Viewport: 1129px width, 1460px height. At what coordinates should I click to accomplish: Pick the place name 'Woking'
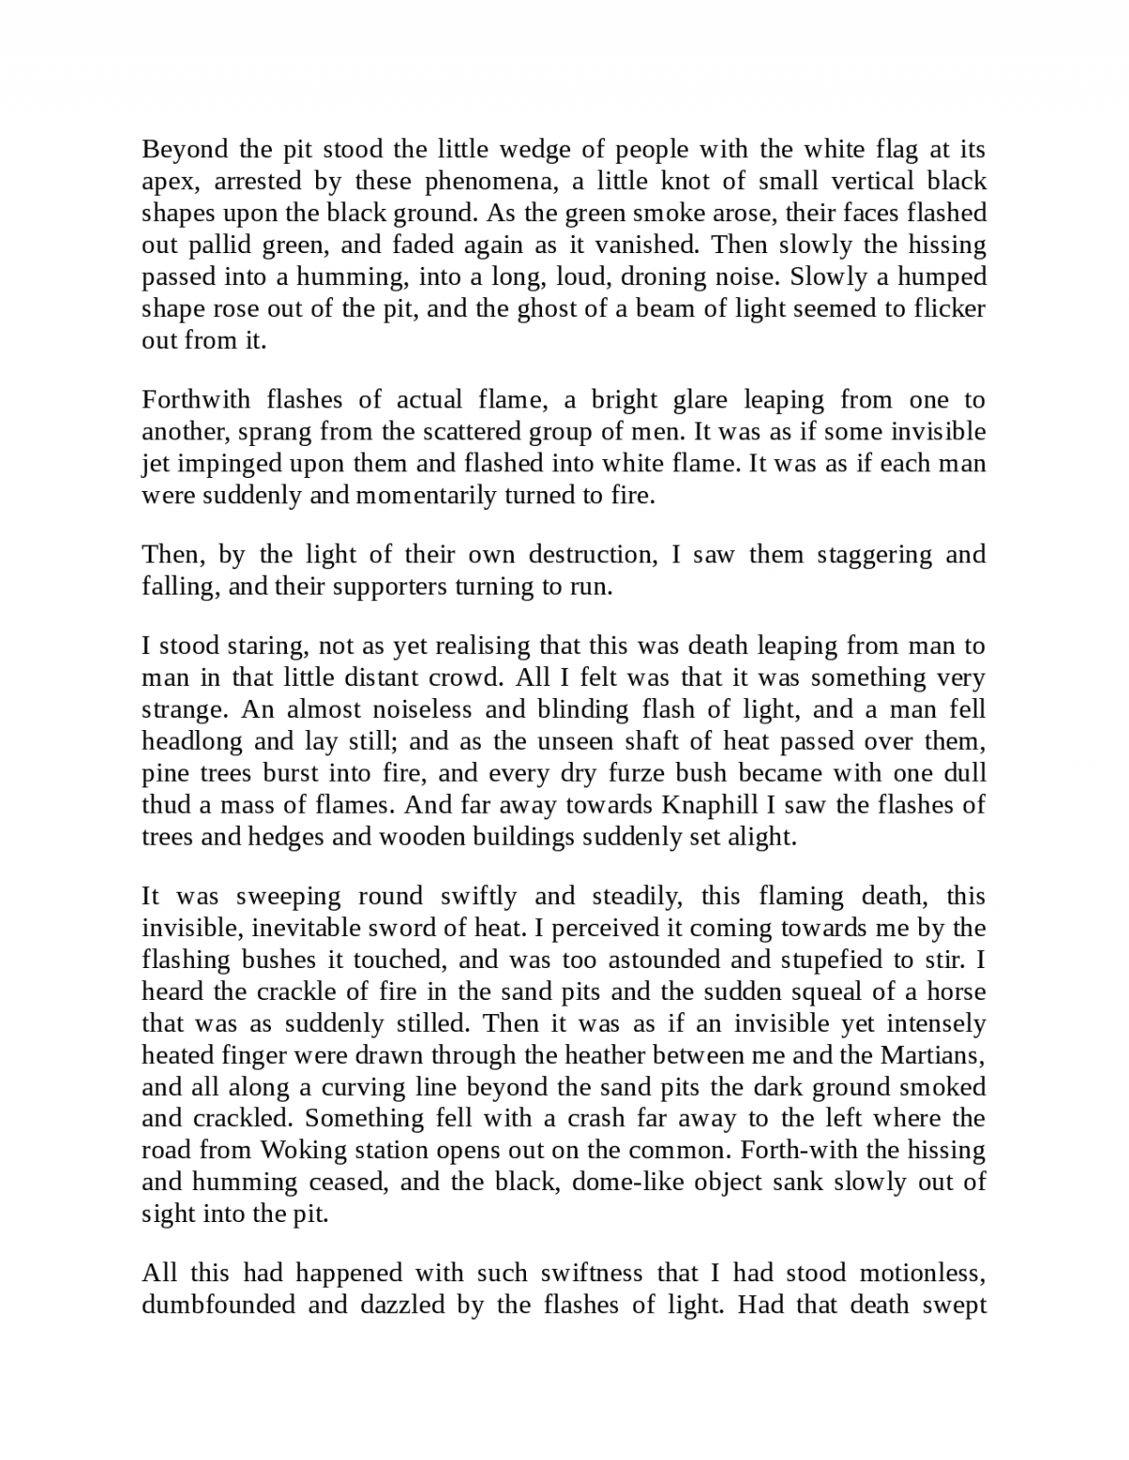tap(295, 1151)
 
